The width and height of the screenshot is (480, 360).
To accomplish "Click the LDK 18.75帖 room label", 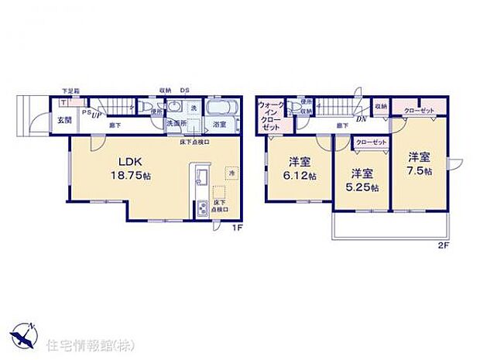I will [x=130, y=168].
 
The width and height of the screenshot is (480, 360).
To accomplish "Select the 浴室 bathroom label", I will [x=220, y=124].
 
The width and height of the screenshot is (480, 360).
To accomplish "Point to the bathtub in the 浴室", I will [x=220, y=107].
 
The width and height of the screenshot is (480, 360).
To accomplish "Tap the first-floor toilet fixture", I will [x=145, y=107].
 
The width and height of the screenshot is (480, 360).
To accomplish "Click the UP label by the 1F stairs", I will [x=97, y=116].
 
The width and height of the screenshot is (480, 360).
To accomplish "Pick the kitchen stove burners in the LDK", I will [x=202, y=207].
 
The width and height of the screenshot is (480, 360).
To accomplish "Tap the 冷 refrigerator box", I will [x=230, y=172].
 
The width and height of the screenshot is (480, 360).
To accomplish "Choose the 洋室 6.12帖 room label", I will [x=298, y=169].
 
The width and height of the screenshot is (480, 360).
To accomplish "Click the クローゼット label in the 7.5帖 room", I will [x=419, y=111].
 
